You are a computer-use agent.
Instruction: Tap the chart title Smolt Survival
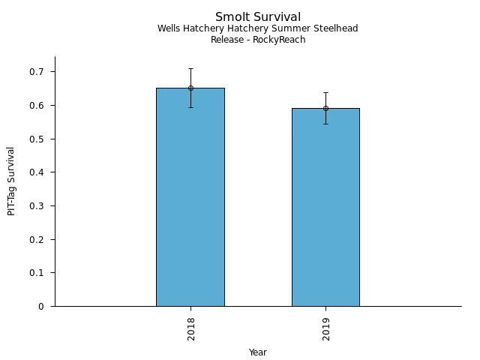point(258,17)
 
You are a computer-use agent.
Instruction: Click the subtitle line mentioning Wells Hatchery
point(258,28)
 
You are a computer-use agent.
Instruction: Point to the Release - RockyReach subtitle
point(258,40)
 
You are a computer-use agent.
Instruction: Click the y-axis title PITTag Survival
point(12,181)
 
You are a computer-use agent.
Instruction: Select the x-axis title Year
point(258,352)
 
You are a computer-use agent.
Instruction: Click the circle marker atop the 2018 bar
point(190,88)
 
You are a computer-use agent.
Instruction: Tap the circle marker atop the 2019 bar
point(325,108)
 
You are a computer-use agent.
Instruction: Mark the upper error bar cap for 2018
point(190,68)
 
